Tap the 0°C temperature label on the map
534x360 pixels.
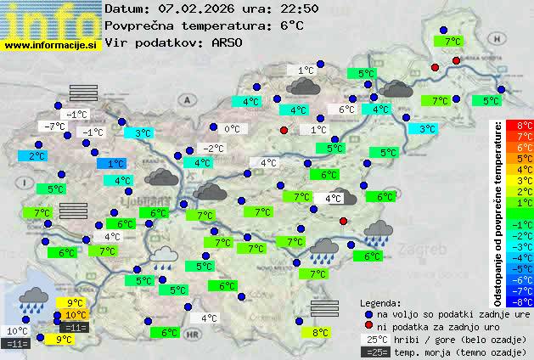coord(232,129)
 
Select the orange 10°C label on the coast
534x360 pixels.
coord(75,315)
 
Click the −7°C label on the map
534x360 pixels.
coord(53,127)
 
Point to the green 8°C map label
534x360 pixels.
coord(320,333)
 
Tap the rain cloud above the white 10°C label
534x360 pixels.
coord(33,298)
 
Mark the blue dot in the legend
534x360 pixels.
coord(368,313)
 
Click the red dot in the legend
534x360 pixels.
coord(368,326)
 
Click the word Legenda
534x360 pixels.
coord(380,302)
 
